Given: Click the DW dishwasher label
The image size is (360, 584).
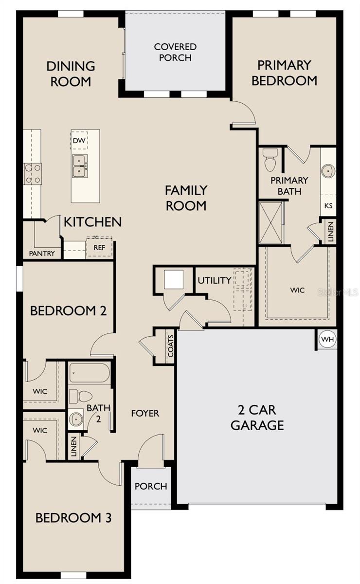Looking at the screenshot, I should pos(79,141).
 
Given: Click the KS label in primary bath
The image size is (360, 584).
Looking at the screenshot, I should pos(328,205).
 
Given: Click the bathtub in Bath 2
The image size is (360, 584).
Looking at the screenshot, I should pos(90,374).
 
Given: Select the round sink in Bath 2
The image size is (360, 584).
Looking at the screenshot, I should pos(75,419).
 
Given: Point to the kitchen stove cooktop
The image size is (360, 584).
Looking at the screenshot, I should pos(33,174).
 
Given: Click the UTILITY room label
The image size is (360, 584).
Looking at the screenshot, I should pos(214,280).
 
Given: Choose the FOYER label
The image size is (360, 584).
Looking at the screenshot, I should pos(145,413).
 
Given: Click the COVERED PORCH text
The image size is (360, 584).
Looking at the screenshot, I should pos(175,52).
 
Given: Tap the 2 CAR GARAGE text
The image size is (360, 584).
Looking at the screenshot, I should pos(257,417).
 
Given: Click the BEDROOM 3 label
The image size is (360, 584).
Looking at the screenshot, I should pos(73,518).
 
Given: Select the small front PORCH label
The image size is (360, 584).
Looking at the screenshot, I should pos(151,486).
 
